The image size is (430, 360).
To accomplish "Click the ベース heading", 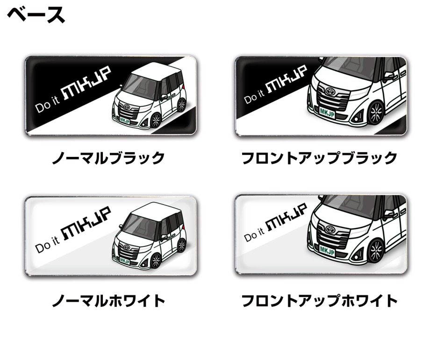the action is (x=36, y=15).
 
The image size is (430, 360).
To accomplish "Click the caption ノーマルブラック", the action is (x=108, y=158).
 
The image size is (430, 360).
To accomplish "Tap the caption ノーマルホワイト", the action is (x=108, y=301).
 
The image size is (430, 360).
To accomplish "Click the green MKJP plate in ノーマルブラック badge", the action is (x=125, y=120).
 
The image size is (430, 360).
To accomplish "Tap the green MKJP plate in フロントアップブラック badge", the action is (x=327, y=112).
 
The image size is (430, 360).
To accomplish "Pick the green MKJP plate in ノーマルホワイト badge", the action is (x=125, y=261).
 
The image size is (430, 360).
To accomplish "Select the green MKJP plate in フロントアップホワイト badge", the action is (x=327, y=250).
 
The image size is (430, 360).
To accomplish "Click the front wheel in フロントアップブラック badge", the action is (x=376, y=113).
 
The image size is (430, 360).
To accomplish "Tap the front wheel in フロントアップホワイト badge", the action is (x=376, y=251).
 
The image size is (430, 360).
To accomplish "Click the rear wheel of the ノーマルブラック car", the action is (x=181, y=105).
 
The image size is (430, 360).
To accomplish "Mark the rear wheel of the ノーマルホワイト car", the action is (x=181, y=245).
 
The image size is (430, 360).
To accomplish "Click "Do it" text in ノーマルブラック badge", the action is (x=47, y=105).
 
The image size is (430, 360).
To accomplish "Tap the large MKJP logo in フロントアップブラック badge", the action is (x=287, y=79).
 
